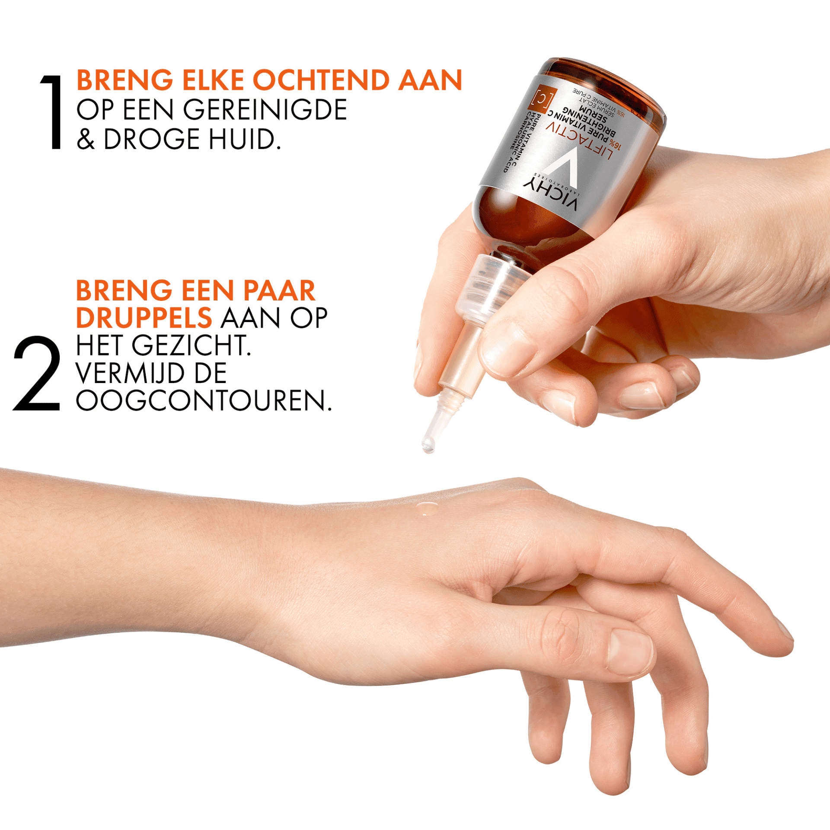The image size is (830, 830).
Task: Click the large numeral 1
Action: (x=53, y=112)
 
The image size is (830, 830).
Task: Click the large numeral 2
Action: (x=37, y=373)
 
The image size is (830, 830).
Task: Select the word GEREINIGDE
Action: (x=265, y=110)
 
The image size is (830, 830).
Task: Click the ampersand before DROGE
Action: (x=86, y=139)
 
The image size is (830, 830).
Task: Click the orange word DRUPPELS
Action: (x=144, y=318)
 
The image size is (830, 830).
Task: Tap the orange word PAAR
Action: (x=279, y=290)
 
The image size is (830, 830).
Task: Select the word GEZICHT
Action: (x=191, y=346)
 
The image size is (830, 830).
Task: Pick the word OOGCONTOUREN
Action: (x=203, y=401)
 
